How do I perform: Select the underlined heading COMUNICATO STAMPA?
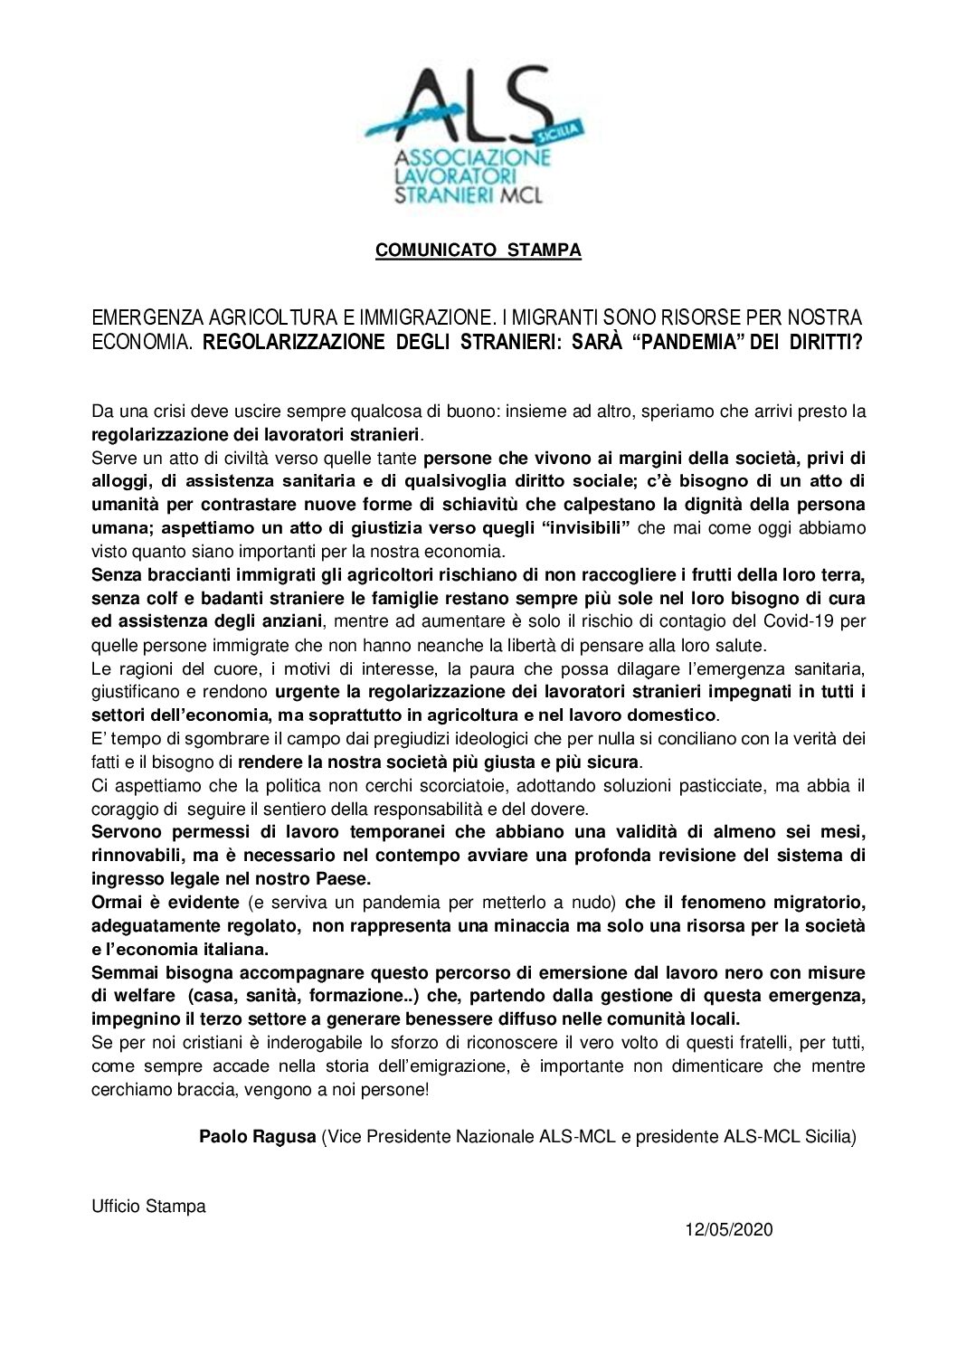(x=478, y=251)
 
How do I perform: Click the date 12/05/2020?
(x=728, y=1230)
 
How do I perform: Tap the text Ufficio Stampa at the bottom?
(x=148, y=1206)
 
